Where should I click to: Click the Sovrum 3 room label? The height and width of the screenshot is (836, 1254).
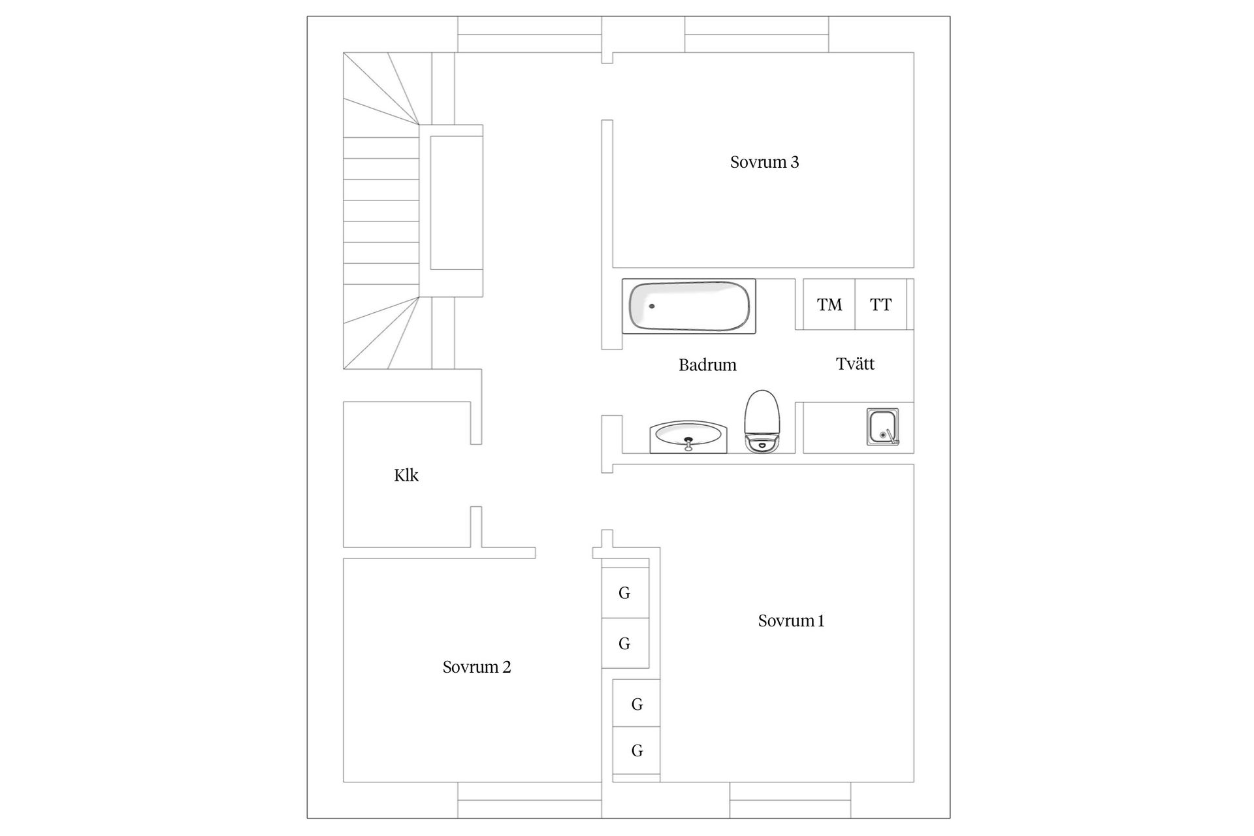point(764,162)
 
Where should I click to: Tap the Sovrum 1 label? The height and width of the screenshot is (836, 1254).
point(791,620)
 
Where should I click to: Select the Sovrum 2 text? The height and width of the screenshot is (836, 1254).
point(477,667)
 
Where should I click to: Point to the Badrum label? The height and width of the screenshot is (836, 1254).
point(707,364)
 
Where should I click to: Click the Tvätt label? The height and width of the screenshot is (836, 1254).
point(855,364)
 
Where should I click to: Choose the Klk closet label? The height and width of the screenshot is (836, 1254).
point(406,475)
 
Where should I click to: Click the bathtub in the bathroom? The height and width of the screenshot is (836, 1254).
point(689,306)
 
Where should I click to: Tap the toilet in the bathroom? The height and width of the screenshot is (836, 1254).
point(762,421)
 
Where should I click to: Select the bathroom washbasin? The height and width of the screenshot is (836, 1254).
point(688,436)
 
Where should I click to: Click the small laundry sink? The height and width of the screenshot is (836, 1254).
point(882,427)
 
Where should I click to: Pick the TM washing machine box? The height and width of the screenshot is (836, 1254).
point(829,304)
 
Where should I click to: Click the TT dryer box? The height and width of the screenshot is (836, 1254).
point(880,304)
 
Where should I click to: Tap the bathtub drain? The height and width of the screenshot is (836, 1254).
point(651,306)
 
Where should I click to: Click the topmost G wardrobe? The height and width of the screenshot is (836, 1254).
point(625,593)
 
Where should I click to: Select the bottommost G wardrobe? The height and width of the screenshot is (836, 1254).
point(637,750)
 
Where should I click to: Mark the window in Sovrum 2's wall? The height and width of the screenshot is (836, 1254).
point(529,799)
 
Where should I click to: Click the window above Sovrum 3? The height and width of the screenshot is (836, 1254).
point(756,35)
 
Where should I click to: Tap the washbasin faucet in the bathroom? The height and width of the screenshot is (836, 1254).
point(688,444)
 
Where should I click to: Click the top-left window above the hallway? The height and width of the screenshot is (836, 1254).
point(529,35)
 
